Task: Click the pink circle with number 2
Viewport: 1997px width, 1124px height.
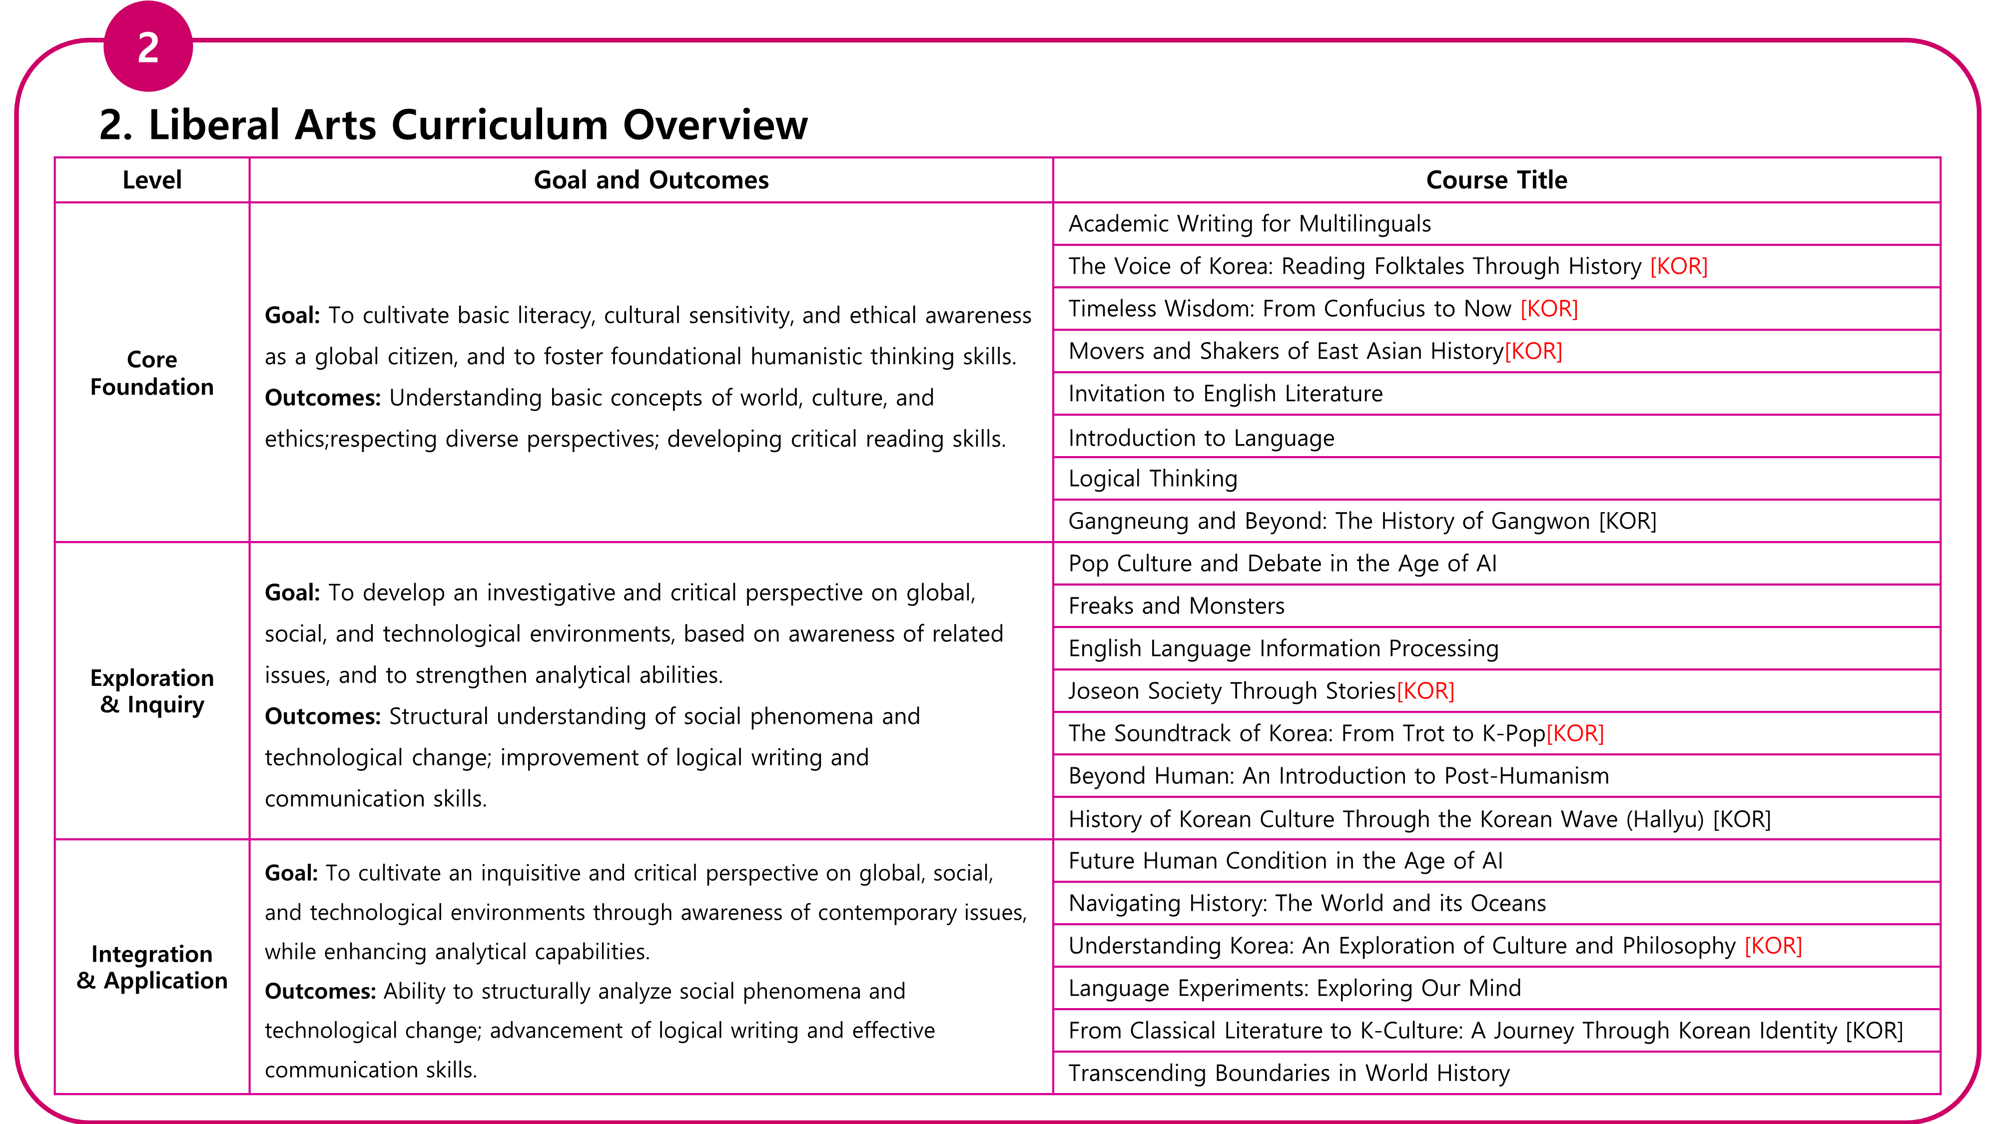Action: (x=148, y=46)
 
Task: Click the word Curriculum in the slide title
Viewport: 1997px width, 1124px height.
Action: (x=499, y=125)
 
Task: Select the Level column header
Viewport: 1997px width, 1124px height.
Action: (x=152, y=180)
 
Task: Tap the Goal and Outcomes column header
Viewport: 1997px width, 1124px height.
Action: (x=651, y=180)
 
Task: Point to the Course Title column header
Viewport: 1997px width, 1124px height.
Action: (x=1496, y=180)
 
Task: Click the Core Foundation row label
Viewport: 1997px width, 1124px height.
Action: (x=152, y=373)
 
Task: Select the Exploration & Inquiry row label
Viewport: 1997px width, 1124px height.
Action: (x=152, y=691)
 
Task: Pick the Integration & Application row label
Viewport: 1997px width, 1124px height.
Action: (x=152, y=967)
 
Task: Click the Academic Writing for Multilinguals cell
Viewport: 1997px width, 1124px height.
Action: (x=1249, y=224)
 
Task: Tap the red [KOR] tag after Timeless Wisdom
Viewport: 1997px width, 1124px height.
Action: (x=1548, y=309)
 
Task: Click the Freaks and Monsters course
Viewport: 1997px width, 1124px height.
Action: (x=1176, y=606)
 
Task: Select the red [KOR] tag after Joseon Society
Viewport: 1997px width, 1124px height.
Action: (x=1425, y=691)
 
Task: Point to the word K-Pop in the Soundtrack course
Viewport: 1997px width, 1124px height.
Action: (x=1513, y=733)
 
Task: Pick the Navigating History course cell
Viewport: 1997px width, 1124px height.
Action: (x=1307, y=903)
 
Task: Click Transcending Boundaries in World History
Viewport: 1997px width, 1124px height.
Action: (x=1289, y=1073)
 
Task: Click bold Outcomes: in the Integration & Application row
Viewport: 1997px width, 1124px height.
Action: (x=320, y=992)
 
